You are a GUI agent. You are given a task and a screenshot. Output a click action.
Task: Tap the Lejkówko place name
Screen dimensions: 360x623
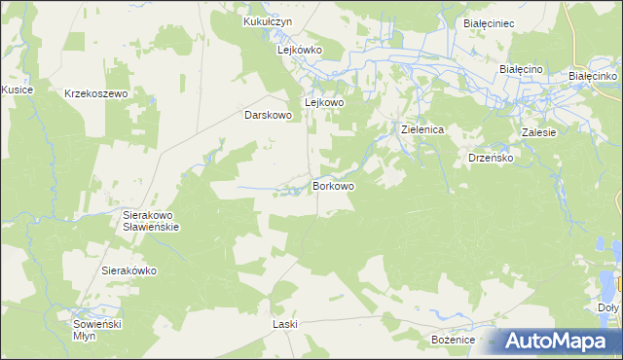[300, 49]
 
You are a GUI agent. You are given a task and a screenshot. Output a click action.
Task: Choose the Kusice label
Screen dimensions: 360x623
[18, 90]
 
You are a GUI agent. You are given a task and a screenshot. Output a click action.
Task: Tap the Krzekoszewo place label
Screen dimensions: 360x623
[96, 93]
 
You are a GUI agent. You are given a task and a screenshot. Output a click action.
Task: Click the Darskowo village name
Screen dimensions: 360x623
[268, 115]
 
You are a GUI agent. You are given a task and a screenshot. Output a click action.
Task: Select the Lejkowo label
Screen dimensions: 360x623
[325, 102]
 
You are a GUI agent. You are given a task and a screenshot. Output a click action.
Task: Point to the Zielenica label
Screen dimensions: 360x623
[423, 129]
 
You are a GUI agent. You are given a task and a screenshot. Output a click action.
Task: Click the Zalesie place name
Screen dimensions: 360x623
[538, 132]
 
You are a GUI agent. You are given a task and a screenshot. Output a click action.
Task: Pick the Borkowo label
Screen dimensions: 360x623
[333, 185]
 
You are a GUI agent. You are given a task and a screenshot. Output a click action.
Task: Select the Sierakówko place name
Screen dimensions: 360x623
[129, 271]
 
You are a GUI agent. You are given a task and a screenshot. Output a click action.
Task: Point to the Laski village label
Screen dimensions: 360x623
[285, 324]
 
